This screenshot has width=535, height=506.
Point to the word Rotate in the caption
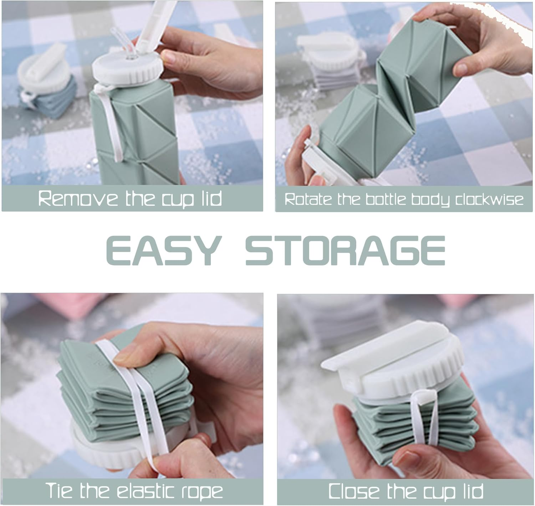point(307,199)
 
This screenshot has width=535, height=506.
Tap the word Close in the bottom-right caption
point(353,491)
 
